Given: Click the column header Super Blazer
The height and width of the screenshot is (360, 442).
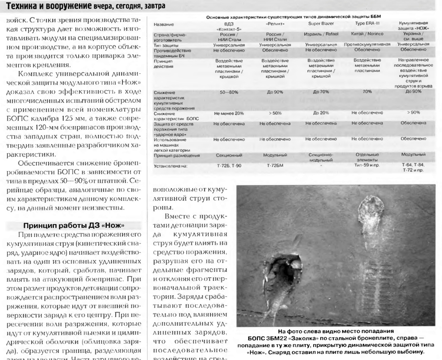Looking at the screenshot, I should point(321,24).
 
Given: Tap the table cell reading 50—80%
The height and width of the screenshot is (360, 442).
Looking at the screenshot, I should point(229,92).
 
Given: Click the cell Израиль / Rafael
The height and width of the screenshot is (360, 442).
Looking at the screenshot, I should point(321,34).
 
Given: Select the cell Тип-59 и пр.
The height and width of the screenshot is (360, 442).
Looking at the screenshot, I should point(367,165).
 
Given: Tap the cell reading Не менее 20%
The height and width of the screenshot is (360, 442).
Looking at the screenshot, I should point(229,113).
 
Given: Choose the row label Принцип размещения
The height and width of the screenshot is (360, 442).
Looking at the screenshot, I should point(177,156).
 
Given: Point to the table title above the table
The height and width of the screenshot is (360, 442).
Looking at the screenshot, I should point(295,17).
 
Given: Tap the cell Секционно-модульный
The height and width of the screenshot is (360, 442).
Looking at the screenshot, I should point(321,158).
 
